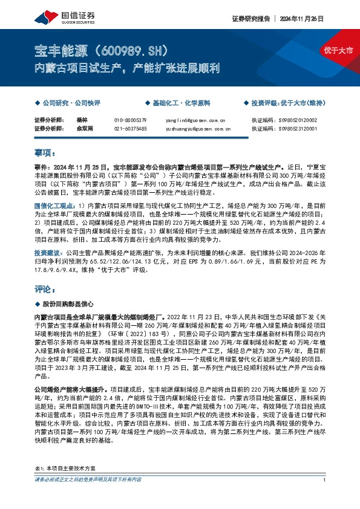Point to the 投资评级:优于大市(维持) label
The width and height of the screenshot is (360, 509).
pos(287,103)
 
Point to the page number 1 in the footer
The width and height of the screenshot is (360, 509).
pos(325,497)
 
